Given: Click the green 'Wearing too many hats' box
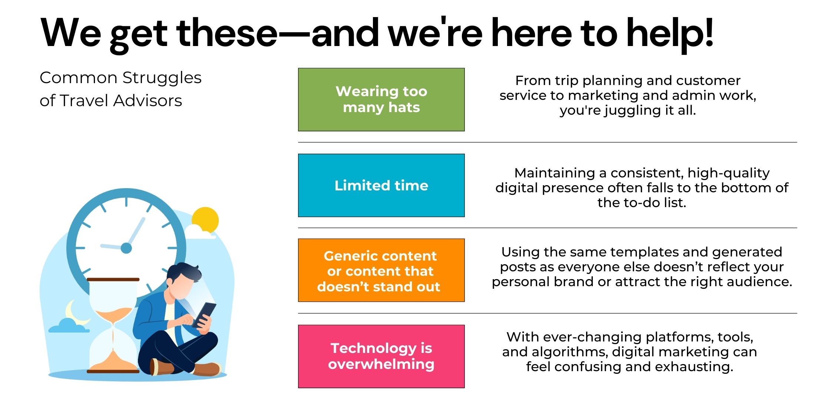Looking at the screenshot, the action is tap(381, 99).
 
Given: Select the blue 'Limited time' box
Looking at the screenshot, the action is tap(381, 185).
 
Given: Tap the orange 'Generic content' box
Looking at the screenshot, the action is tap(381, 270).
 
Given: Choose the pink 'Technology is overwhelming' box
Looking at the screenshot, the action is tap(381, 356).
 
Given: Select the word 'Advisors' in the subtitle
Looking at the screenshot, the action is tap(148, 101).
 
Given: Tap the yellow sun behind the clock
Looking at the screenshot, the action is tap(206, 220).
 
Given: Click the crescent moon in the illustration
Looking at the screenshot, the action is tap(74, 312).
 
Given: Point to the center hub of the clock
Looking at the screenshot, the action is tap(126, 248).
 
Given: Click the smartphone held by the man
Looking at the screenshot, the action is tap(204, 314).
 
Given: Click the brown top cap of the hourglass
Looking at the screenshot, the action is tap(113, 279).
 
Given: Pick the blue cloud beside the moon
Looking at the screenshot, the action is tap(69, 326).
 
